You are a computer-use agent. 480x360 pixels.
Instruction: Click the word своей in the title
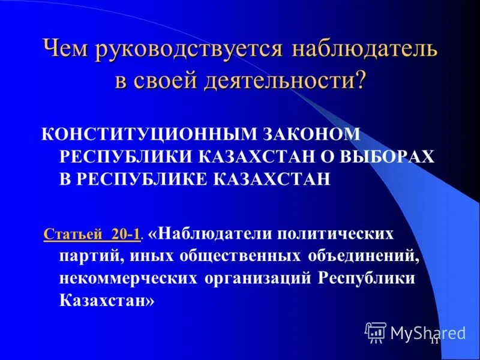[169, 80]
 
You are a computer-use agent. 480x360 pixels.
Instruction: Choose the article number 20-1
[125, 235]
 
